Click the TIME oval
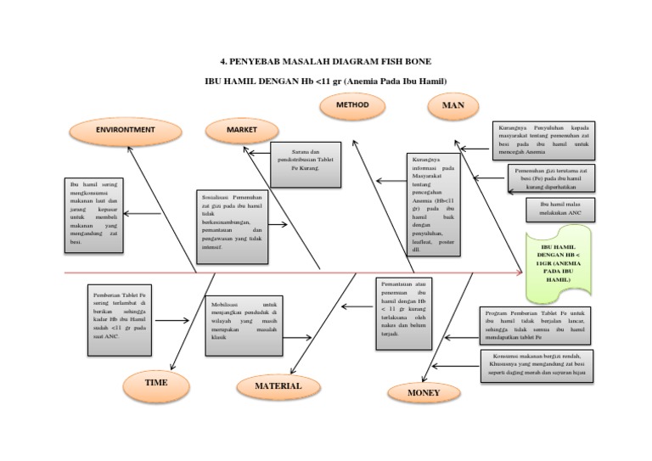(156, 383)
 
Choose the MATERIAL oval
(279, 386)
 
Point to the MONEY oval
(424, 393)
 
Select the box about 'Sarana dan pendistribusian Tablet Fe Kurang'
(306, 164)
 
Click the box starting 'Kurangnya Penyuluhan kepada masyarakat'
(544, 141)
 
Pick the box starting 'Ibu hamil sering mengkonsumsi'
(93, 216)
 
